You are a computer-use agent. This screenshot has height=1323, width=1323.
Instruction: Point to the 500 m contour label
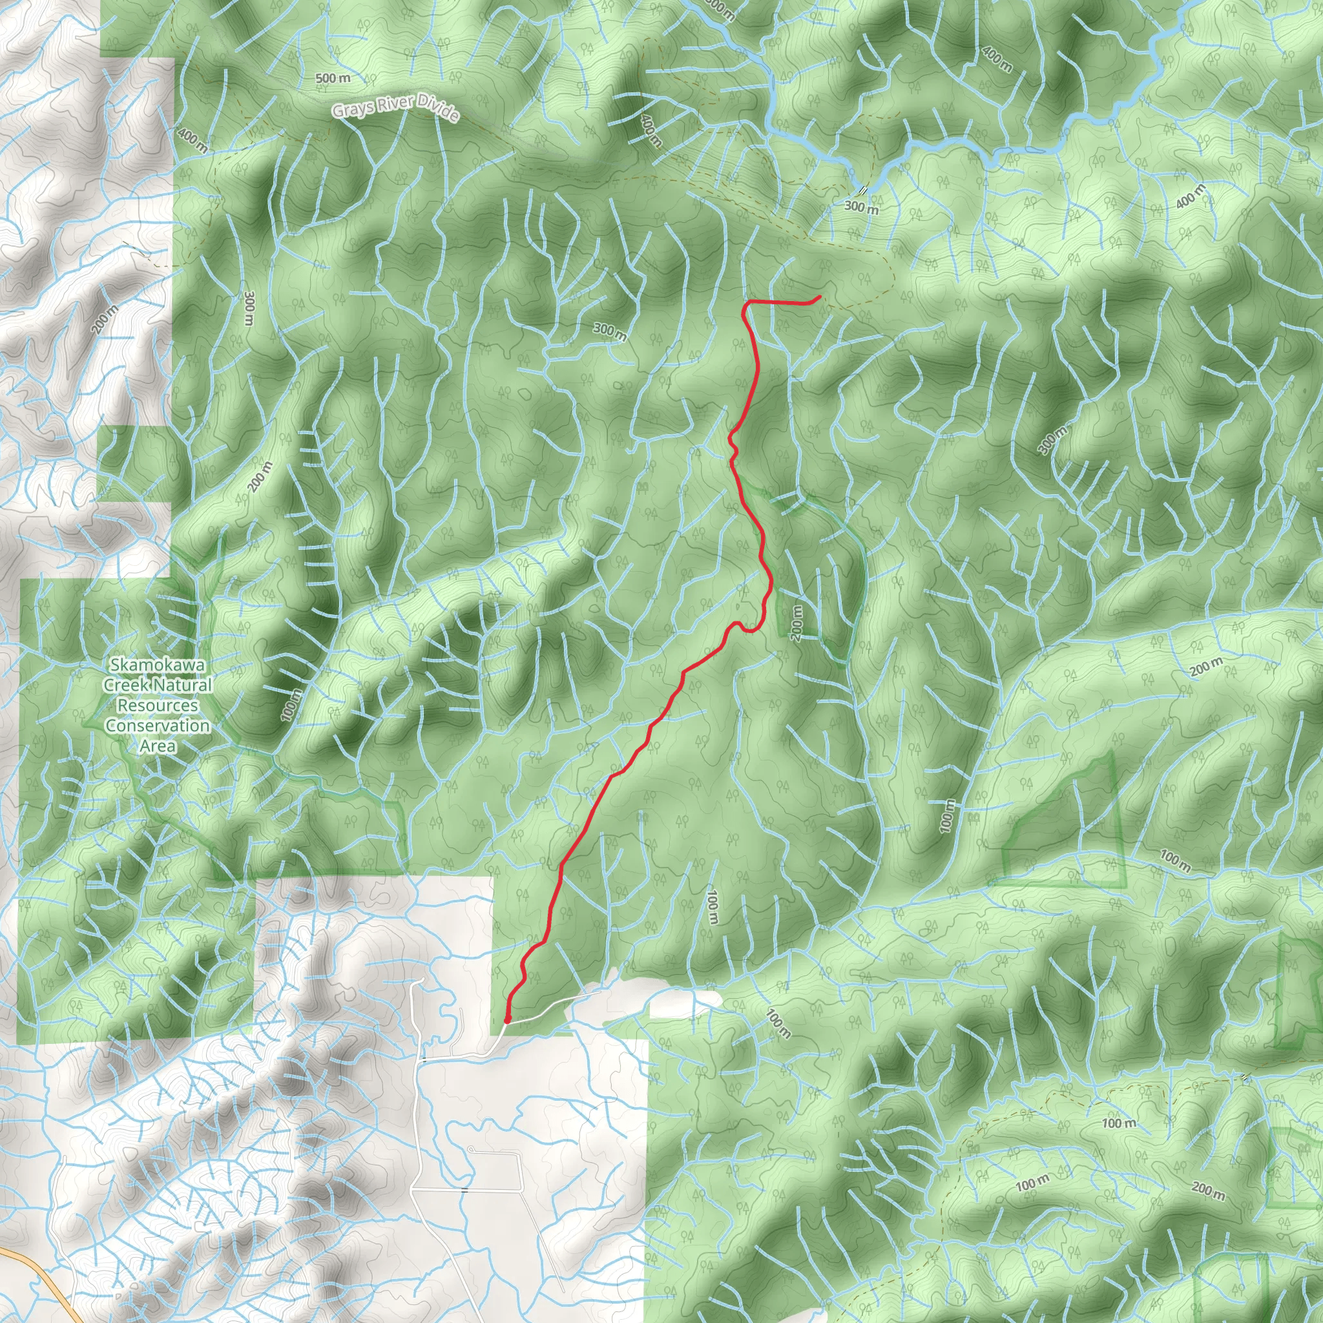click(x=333, y=78)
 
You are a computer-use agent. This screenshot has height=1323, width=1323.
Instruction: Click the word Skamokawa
click(x=157, y=665)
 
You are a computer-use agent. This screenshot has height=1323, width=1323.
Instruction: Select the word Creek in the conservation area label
click(x=124, y=685)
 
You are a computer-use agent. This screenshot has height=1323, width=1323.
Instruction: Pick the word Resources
click(x=158, y=705)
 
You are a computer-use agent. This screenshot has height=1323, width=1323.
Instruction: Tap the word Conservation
click(x=158, y=726)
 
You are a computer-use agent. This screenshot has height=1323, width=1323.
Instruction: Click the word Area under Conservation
click(x=158, y=745)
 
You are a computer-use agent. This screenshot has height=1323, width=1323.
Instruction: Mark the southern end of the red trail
click(x=506, y=1021)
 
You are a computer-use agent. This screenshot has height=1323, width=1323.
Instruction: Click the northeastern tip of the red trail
click(x=820, y=297)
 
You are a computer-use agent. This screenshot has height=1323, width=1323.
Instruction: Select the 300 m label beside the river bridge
click(x=860, y=206)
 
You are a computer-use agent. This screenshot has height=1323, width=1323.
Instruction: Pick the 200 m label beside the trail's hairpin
click(x=797, y=623)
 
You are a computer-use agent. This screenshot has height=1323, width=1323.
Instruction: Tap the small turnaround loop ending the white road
click(x=471, y=1149)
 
